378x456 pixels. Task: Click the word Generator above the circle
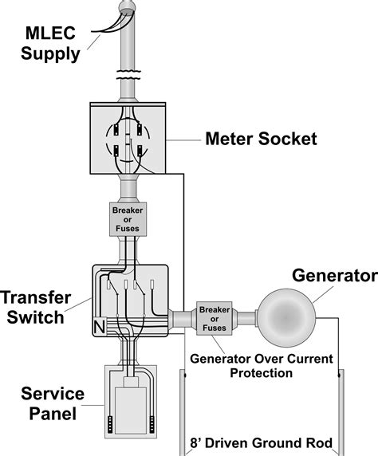point(334,277)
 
